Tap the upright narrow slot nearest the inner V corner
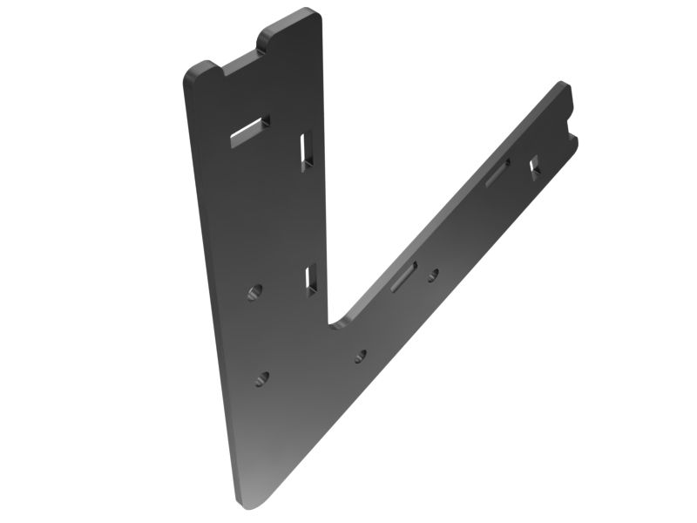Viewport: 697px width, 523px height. point(311,277)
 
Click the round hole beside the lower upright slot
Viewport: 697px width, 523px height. point(254,290)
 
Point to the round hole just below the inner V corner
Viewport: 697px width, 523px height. point(360,355)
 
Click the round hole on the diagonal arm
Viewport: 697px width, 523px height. point(432,275)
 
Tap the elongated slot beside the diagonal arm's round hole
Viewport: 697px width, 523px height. point(404,276)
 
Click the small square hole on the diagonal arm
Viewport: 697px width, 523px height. point(535,163)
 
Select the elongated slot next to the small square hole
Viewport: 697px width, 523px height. point(498,172)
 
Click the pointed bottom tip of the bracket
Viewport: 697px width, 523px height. point(248,504)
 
